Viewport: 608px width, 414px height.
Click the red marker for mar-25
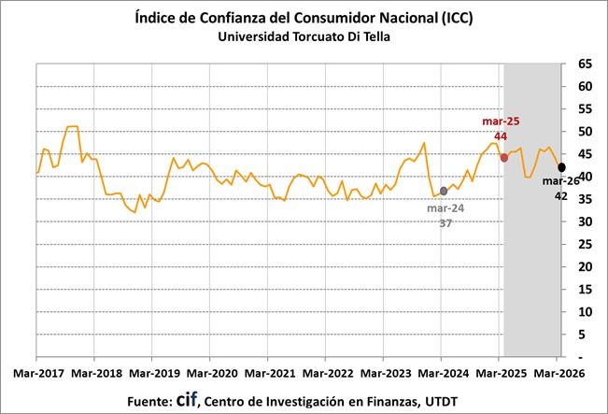pyautogui.click(x=504, y=157)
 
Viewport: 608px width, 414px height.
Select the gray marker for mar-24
pyautogui.click(x=444, y=191)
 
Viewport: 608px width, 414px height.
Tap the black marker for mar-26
pyautogui.click(x=561, y=166)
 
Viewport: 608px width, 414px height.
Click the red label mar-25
pyautogui.click(x=501, y=121)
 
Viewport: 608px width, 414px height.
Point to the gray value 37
pyautogui.click(x=446, y=223)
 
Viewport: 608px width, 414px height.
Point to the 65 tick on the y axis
pyautogui.click(x=585, y=64)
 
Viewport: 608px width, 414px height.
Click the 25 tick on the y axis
pyautogui.click(x=585, y=244)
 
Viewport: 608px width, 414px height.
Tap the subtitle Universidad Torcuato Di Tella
pyautogui.click(x=304, y=37)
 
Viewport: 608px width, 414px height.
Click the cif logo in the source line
pyautogui.click(x=187, y=399)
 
